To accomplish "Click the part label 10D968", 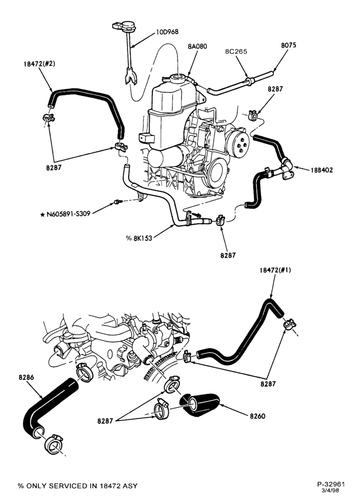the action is click(x=167, y=32).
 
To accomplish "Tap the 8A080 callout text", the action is click(x=197, y=46).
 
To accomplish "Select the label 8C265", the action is click(x=236, y=51).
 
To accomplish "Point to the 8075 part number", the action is click(x=288, y=45).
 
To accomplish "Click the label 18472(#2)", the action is click(x=39, y=64).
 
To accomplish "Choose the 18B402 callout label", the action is click(x=321, y=170).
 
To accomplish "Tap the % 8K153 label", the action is click(x=138, y=238).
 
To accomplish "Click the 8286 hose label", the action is click(x=26, y=377).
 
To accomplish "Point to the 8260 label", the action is click(x=257, y=416).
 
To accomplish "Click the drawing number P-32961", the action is click(x=331, y=484).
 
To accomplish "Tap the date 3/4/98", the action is click(x=330, y=490).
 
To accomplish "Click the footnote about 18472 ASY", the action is click(x=77, y=486).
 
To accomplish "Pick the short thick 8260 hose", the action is click(x=199, y=404).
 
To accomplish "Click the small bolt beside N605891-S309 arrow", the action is click(x=118, y=201).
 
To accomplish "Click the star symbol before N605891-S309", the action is click(x=42, y=214).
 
